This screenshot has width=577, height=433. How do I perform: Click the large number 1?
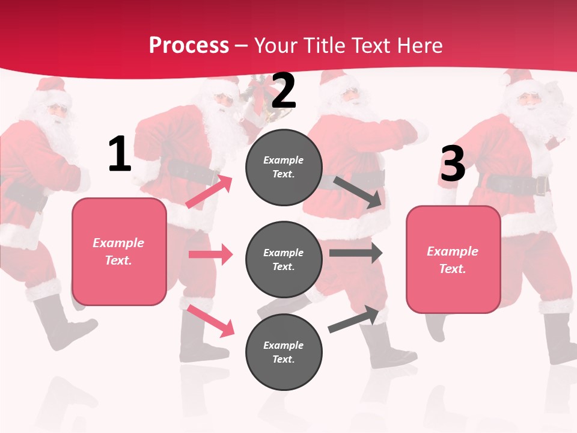(120, 155)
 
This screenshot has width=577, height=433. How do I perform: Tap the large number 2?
(284, 90)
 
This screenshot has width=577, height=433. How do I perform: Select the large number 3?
(453, 164)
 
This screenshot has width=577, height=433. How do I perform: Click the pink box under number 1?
(119, 251)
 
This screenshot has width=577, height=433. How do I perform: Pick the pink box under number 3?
(453, 259)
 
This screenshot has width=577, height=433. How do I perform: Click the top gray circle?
(284, 167)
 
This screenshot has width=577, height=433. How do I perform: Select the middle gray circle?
(284, 259)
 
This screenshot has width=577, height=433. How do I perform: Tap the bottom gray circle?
(284, 352)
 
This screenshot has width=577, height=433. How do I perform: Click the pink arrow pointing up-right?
(209, 191)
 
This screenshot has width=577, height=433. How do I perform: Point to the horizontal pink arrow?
(210, 254)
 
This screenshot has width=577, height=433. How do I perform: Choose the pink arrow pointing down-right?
(210, 321)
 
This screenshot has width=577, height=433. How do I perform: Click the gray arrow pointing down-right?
(358, 192)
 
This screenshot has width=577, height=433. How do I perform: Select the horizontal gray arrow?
(356, 253)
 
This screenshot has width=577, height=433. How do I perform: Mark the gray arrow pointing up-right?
(353, 319)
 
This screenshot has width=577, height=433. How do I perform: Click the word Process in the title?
(189, 45)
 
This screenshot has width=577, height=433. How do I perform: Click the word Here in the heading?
(419, 45)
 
